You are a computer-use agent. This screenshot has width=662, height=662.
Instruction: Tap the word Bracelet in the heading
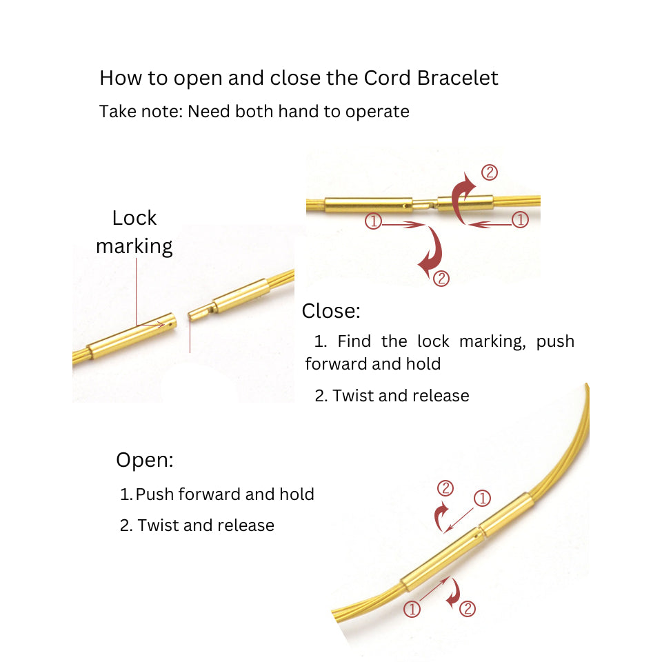tap(458, 78)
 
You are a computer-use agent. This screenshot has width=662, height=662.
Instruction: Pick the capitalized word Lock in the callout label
tap(134, 218)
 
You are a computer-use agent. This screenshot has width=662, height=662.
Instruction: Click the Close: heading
tap(331, 311)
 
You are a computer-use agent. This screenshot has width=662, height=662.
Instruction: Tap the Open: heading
tap(145, 460)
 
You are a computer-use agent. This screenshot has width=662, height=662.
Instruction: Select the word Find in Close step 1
tap(355, 341)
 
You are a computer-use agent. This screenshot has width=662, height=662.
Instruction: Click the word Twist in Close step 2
tap(354, 396)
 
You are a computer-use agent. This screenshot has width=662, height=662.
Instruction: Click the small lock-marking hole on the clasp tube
tap(165, 321)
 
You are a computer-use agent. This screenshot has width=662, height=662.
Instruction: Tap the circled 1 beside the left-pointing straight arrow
tap(520, 220)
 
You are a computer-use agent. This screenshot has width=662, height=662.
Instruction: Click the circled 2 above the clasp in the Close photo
tap(490, 172)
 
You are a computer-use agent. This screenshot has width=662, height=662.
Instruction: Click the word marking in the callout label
tap(134, 246)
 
